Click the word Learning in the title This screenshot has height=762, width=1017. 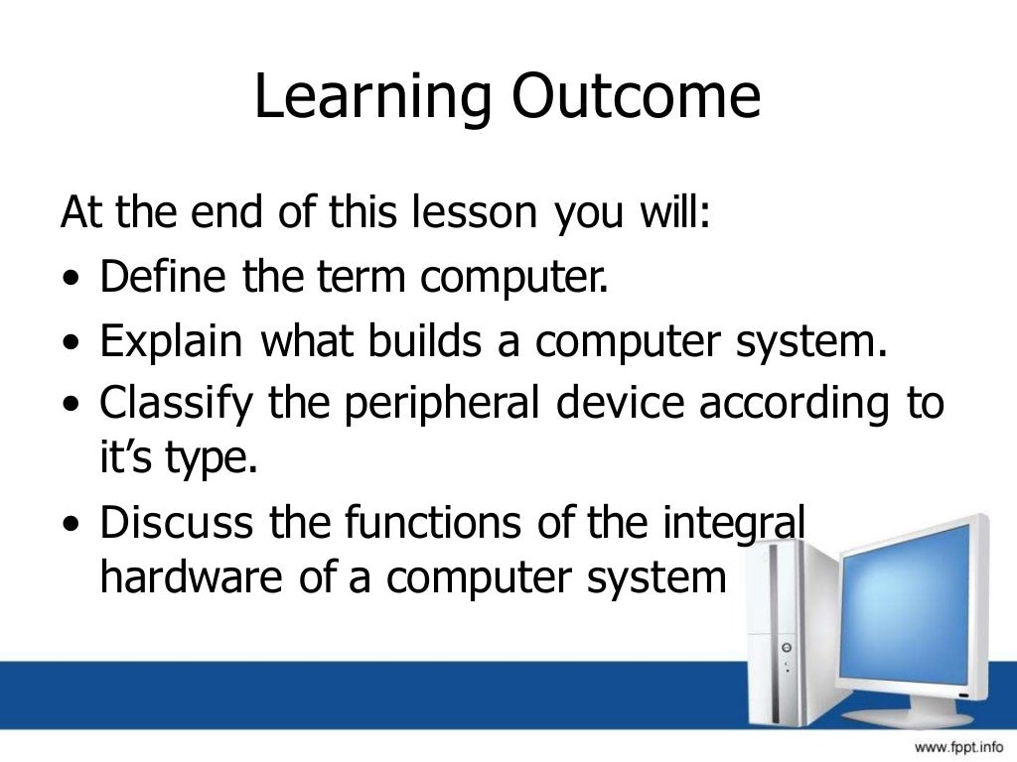pos(372,98)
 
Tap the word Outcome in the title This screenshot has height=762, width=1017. pos(638,98)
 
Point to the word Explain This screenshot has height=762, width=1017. pos(171,342)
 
